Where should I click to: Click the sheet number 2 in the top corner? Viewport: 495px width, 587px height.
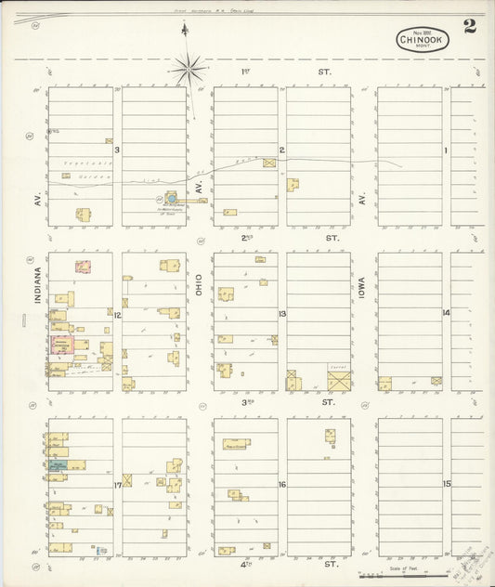[x=471, y=27]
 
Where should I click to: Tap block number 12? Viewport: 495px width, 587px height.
[x=118, y=316]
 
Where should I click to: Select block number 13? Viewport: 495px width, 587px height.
[x=281, y=314]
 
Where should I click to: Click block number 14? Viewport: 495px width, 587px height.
[x=446, y=313]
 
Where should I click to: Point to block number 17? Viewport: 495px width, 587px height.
[x=118, y=485]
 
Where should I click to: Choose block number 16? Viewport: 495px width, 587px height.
[x=281, y=485]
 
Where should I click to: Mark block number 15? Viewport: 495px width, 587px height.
[x=446, y=485]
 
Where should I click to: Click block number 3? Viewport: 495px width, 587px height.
[x=118, y=150]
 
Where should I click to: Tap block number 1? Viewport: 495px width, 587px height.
[x=446, y=150]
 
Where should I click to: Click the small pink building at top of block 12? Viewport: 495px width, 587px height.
[x=83, y=267]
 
